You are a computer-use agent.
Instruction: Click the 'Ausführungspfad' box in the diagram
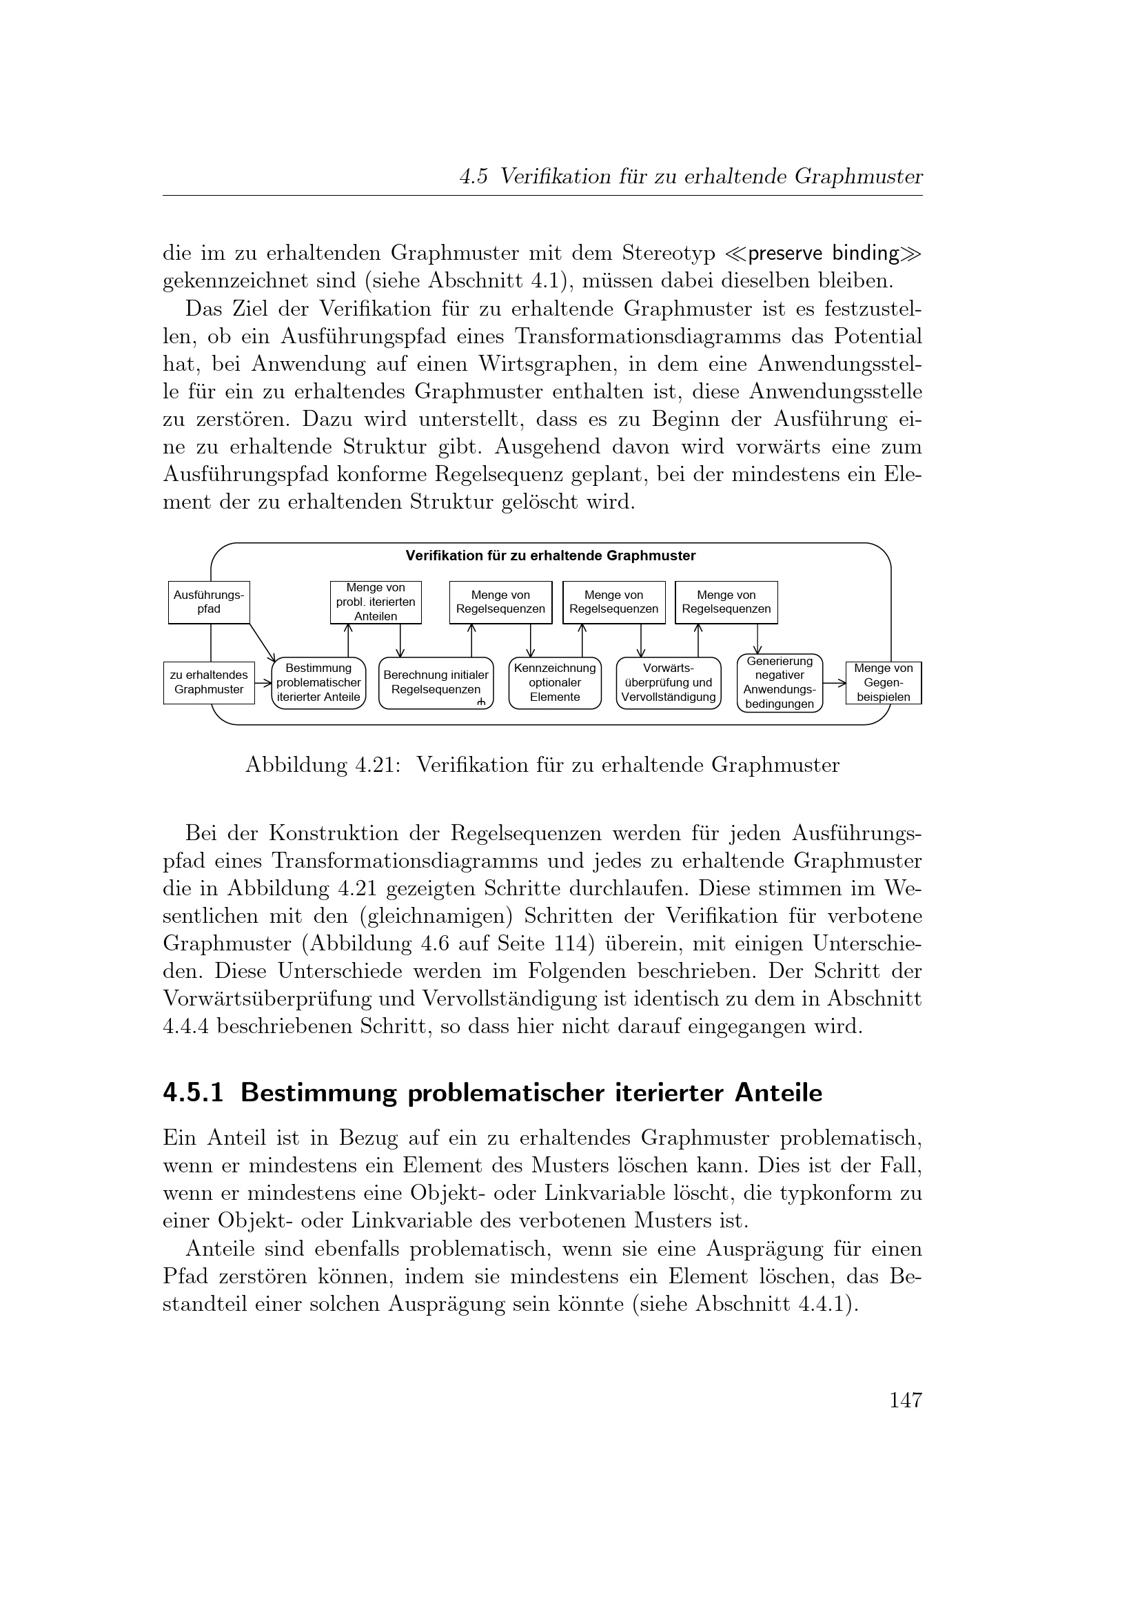tap(208, 602)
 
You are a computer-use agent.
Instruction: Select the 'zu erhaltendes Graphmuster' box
tap(208, 682)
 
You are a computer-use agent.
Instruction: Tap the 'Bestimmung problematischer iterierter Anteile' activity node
tap(318, 682)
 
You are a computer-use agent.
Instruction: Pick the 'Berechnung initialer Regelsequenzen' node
tap(435, 682)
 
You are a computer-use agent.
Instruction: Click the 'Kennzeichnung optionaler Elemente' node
tap(555, 682)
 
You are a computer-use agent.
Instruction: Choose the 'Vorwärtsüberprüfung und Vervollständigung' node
tap(669, 682)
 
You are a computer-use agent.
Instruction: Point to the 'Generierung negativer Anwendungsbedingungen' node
tap(780, 682)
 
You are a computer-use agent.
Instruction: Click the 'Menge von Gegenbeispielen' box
tap(883, 682)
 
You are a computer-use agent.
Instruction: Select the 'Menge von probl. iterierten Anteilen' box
tap(376, 602)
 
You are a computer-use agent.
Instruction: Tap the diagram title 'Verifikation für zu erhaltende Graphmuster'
tap(550, 556)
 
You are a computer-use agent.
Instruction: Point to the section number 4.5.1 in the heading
tap(193, 1093)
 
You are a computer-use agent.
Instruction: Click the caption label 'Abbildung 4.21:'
tap(322, 764)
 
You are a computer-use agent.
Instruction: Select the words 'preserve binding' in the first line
tap(824, 253)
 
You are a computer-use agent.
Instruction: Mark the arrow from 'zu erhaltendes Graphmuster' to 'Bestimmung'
tap(263, 682)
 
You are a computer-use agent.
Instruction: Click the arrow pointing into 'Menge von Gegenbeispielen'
tap(834, 682)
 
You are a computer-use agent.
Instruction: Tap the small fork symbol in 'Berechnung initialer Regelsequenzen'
tap(481, 702)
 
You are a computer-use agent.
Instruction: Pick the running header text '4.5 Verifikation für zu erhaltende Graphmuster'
tap(691, 177)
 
